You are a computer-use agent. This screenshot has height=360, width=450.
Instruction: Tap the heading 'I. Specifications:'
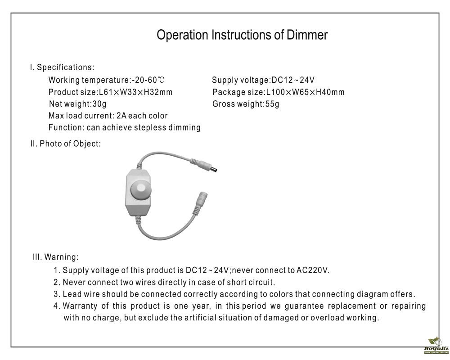click(62, 67)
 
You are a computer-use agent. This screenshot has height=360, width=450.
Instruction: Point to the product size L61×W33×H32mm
click(135, 92)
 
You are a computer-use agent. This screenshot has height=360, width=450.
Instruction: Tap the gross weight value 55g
click(271, 104)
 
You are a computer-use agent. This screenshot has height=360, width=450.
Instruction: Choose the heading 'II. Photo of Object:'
click(66, 144)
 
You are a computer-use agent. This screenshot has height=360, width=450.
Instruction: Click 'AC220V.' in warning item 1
click(313, 270)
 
